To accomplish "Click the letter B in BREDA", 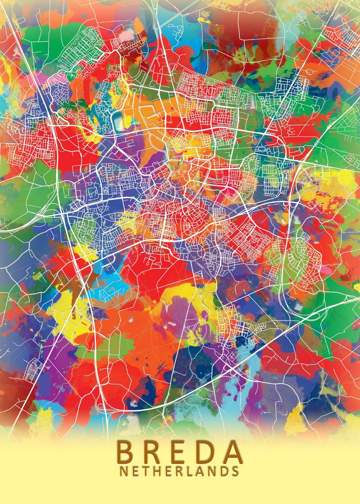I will click(x=126, y=451).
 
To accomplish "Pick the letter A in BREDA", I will click(x=232, y=451).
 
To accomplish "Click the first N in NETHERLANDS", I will click(x=125, y=471).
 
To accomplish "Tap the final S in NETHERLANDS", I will click(x=235, y=471).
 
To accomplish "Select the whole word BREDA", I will click(x=179, y=451).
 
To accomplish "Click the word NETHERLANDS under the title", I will click(x=179, y=471).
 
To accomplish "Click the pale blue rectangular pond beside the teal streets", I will click(x=118, y=121).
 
